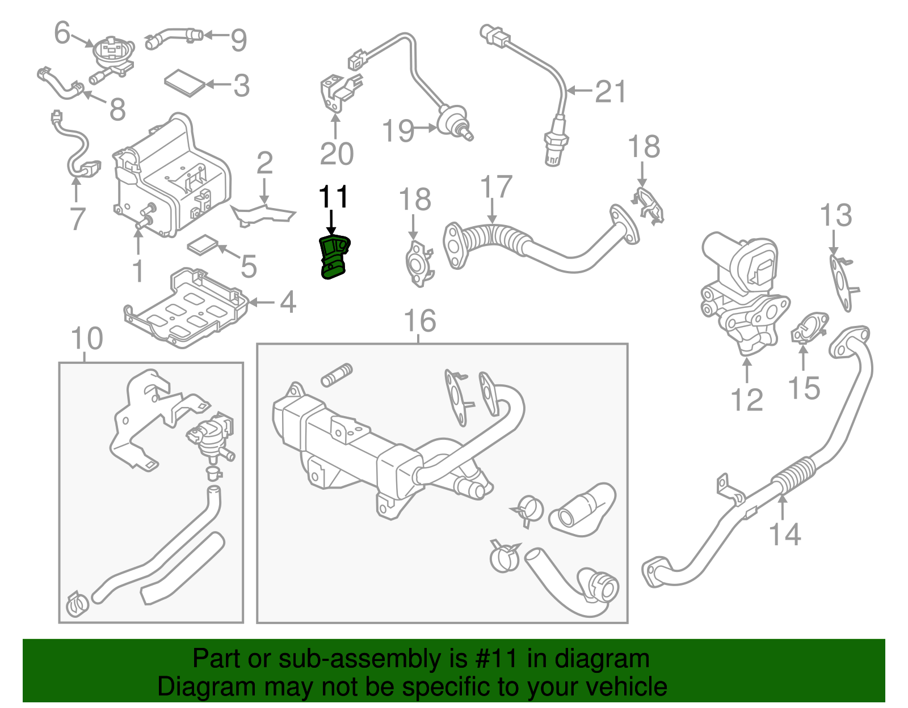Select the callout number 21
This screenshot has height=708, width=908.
pyautogui.click(x=611, y=91)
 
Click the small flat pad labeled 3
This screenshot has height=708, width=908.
pyautogui.click(x=184, y=83)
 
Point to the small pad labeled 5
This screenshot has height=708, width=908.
pyautogui.click(x=203, y=245)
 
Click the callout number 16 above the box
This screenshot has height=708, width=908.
pyautogui.click(x=419, y=321)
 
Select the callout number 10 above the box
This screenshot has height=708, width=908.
pyautogui.click(x=86, y=338)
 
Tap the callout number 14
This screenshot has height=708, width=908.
pyautogui.click(x=784, y=534)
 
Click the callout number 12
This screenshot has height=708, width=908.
pyautogui.click(x=747, y=400)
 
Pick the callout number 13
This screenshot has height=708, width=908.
pyautogui.click(x=835, y=215)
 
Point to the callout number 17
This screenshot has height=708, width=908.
pyautogui.click(x=496, y=187)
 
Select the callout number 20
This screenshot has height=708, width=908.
pyautogui.click(x=336, y=154)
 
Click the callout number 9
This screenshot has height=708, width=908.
pyautogui.click(x=238, y=40)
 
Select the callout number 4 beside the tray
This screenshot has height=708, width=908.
pyautogui.click(x=288, y=302)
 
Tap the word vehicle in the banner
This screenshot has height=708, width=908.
pyautogui.click(x=626, y=686)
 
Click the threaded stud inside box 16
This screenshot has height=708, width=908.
pyautogui.click(x=337, y=375)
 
